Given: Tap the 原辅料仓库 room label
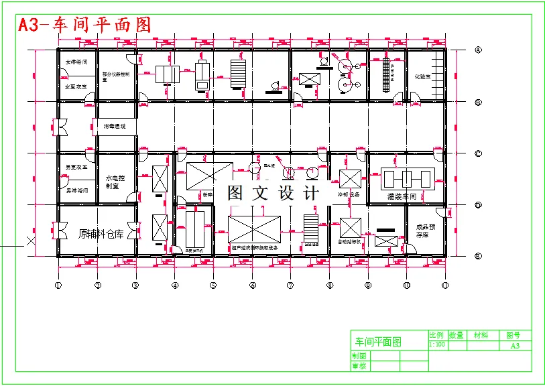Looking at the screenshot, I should (x=101, y=234).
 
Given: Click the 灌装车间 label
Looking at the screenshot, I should (x=402, y=197).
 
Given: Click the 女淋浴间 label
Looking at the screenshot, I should (x=76, y=62).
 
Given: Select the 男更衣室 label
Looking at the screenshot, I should (x=76, y=167).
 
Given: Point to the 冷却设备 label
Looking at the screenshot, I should (x=349, y=195).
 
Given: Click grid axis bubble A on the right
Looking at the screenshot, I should (x=478, y=50).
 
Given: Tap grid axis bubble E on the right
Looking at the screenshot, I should (x=478, y=255).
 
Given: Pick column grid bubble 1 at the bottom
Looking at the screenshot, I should (x=58, y=285).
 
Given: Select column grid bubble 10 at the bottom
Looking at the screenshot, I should (x=406, y=285).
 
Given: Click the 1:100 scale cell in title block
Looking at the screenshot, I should (x=436, y=344).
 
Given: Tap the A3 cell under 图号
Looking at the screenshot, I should (x=514, y=346).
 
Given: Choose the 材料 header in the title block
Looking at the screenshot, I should (x=481, y=335).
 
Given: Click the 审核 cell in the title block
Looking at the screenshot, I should (x=359, y=366).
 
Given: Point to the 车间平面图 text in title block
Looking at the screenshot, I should (x=378, y=342).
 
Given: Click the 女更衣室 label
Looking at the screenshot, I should (x=76, y=86).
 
